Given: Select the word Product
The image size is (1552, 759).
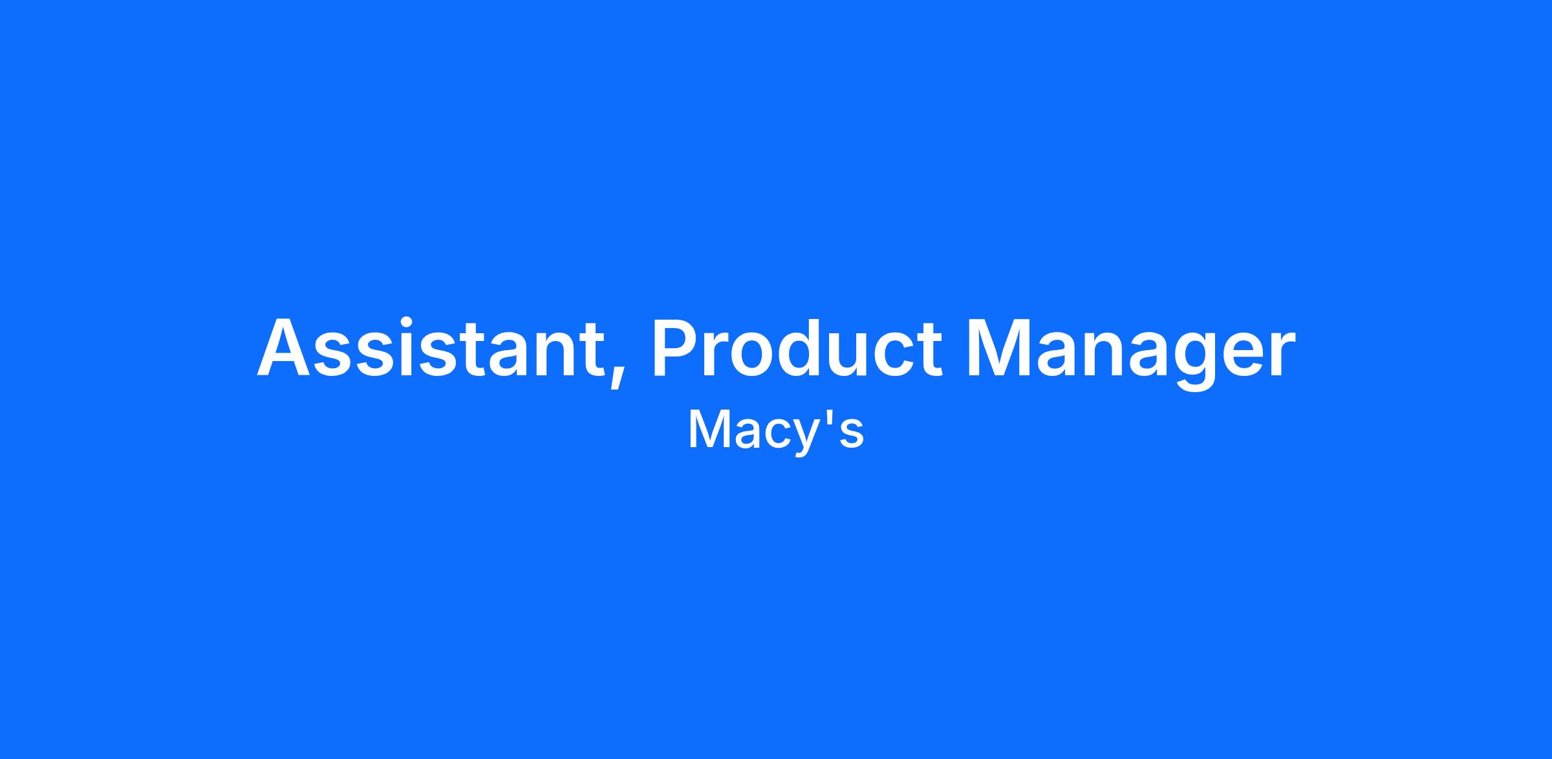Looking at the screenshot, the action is (796, 347).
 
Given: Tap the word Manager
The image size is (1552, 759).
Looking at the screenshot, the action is (1131, 353).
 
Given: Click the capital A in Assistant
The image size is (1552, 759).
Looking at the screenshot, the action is (285, 347).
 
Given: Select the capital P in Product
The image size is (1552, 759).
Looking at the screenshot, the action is (676, 347).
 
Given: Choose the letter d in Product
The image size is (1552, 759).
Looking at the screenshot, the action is (818, 347).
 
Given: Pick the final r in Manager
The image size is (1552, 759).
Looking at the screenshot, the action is (1281, 355).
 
